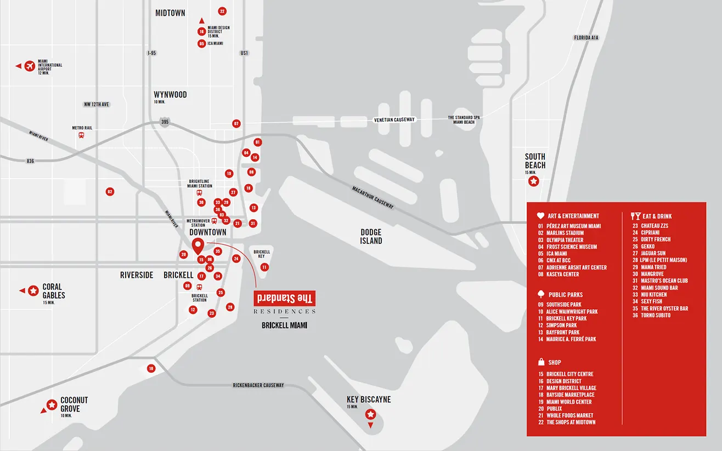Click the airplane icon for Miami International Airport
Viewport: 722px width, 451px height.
pyautogui.click(x=29, y=66)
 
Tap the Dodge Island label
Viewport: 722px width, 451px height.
pyautogui.click(x=371, y=237)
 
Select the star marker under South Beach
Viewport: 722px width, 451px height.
pyautogui.click(x=533, y=181)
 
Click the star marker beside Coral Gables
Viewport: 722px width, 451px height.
pyautogui.click(x=33, y=290)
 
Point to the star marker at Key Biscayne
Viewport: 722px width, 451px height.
pyautogui.click(x=371, y=414)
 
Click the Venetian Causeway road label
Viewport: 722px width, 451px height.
pyautogui.click(x=394, y=119)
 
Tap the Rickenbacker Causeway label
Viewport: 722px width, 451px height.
pyautogui.click(x=258, y=385)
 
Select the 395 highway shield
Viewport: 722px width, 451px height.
pyautogui.click(x=165, y=122)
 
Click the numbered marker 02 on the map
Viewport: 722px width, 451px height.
pyautogui.click(x=110, y=192)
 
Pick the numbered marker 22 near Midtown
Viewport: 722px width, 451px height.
pyautogui.click(x=222, y=11)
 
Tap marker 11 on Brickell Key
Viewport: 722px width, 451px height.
pyautogui.click(x=264, y=267)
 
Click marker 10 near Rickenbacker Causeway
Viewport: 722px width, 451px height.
pyautogui.click(x=151, y=369)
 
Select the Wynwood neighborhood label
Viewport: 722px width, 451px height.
pyautogui.click(x=170, y=95)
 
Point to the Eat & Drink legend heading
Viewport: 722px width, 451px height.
pyautogui.click(x=657, y=216)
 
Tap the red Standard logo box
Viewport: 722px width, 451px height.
pyautogui.click(x=284, y=299)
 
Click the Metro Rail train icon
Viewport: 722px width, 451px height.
pyautogui.click(x=82, y=135)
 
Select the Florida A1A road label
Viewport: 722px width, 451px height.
pyautogui.click(x=586, y=38)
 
